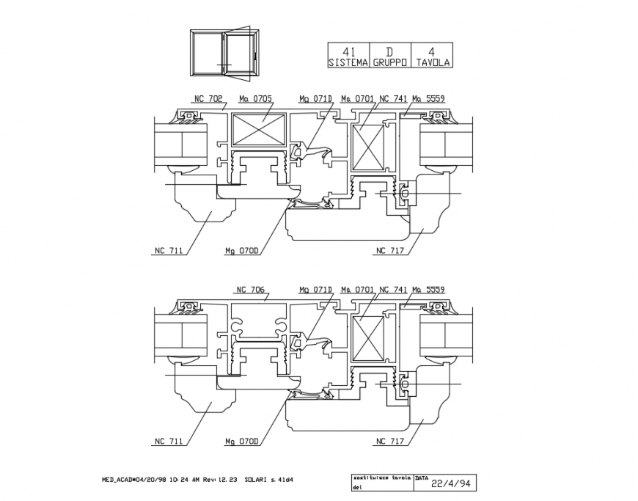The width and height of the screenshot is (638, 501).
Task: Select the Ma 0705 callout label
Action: [256, 98]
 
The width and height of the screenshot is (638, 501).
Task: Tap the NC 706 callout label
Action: [249, 289]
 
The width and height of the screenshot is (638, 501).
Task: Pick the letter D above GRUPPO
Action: [389, 52]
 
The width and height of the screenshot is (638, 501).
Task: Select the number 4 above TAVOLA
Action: [432, 52]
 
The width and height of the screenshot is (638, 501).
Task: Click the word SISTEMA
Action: [348, 63]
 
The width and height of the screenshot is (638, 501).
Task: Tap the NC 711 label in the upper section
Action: [168, 251]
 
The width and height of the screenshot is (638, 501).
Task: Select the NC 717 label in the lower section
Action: [390, 442]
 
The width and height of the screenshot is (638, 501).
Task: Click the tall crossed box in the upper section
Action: [369, 147]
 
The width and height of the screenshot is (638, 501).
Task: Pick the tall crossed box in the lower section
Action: [369, 339]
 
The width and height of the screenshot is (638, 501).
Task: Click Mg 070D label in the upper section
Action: [242, 251]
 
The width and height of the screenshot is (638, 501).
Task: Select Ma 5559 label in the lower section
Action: [428, 289]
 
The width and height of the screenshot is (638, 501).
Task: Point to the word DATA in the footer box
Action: [422, 477]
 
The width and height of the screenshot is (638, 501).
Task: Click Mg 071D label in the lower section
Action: [315, 289]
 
